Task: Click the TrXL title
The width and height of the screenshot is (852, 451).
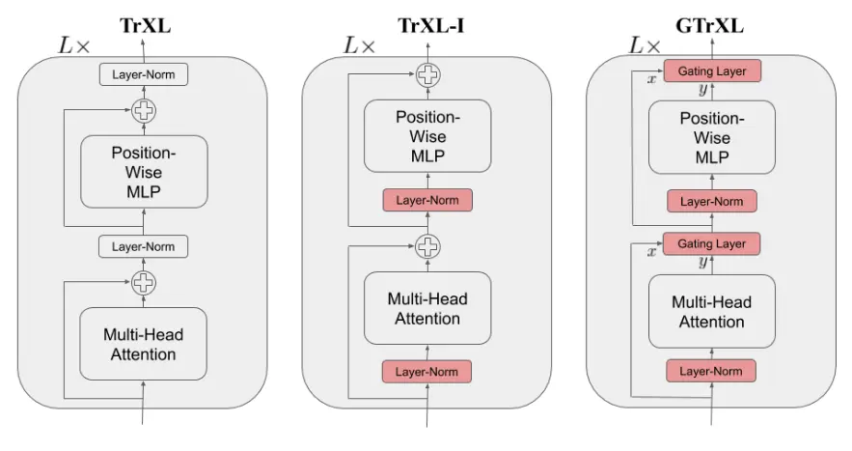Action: click(x=144, y=25)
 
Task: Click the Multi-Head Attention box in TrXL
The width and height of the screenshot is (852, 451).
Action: click(x=143, y=345)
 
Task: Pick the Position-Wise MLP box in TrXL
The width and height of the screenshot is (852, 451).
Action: click(x=143, y=171)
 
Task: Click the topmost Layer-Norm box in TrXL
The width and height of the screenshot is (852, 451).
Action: click(x=143, y=73)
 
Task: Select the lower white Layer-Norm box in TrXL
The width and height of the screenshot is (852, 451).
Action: click(x=143, y=246)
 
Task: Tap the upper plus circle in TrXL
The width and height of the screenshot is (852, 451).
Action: click(x=143, y=111)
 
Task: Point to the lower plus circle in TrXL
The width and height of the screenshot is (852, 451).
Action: click(x=143, y=283)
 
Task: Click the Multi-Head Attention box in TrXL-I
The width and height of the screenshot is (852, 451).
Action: click(x=426, y=309)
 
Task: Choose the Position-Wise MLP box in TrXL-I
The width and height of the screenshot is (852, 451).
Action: click(x=426, y=134)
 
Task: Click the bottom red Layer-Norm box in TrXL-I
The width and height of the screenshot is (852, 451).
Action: click(x=426, y=371)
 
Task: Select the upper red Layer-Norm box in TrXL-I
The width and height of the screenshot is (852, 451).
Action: click(x=426, y=200)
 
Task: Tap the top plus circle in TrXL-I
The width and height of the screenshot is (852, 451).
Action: click(x=426, y=73)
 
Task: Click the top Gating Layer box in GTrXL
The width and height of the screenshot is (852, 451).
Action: click(x=711, y=70)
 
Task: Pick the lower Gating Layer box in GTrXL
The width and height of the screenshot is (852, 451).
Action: click(x=711, y=243)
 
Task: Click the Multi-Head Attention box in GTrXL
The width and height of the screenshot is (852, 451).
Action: click(x=711, y=311)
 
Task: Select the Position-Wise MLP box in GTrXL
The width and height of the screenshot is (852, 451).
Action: click(x=711, y=137)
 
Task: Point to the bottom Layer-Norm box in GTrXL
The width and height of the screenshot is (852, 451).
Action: click(x=711, y=371)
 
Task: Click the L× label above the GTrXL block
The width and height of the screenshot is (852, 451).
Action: click(x=645, y=44)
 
